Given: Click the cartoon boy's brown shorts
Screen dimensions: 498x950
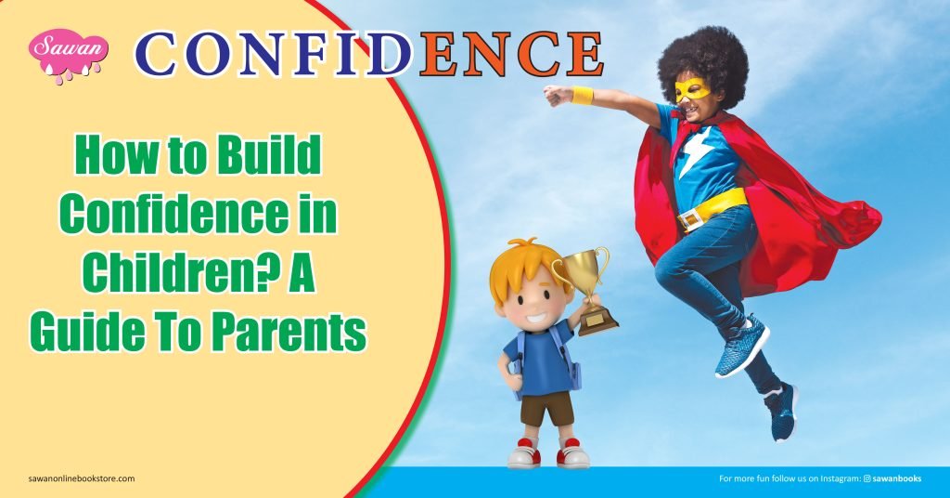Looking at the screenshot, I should tap(544, 408).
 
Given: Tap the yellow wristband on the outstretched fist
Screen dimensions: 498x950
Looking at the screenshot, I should tap(582, 95).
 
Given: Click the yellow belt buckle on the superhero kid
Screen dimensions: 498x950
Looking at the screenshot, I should tap(690, 220).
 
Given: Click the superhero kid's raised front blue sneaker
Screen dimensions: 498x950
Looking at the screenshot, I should tap(741, 347).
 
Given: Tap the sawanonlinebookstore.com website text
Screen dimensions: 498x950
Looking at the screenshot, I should tap(75, 478).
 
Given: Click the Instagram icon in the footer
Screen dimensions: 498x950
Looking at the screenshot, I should tap(867, 478).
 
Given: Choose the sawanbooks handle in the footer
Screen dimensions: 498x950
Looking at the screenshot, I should tap(894, 478).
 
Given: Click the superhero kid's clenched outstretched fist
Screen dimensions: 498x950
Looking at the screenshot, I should tap(554, 94).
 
